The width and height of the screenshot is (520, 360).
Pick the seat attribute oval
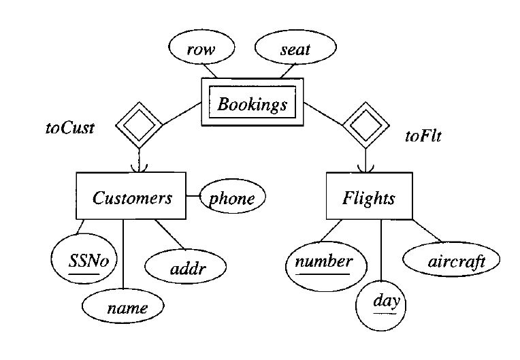point(295,48)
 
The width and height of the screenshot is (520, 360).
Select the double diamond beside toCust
point(139,125)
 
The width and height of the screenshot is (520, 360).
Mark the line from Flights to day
point(380,252)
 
